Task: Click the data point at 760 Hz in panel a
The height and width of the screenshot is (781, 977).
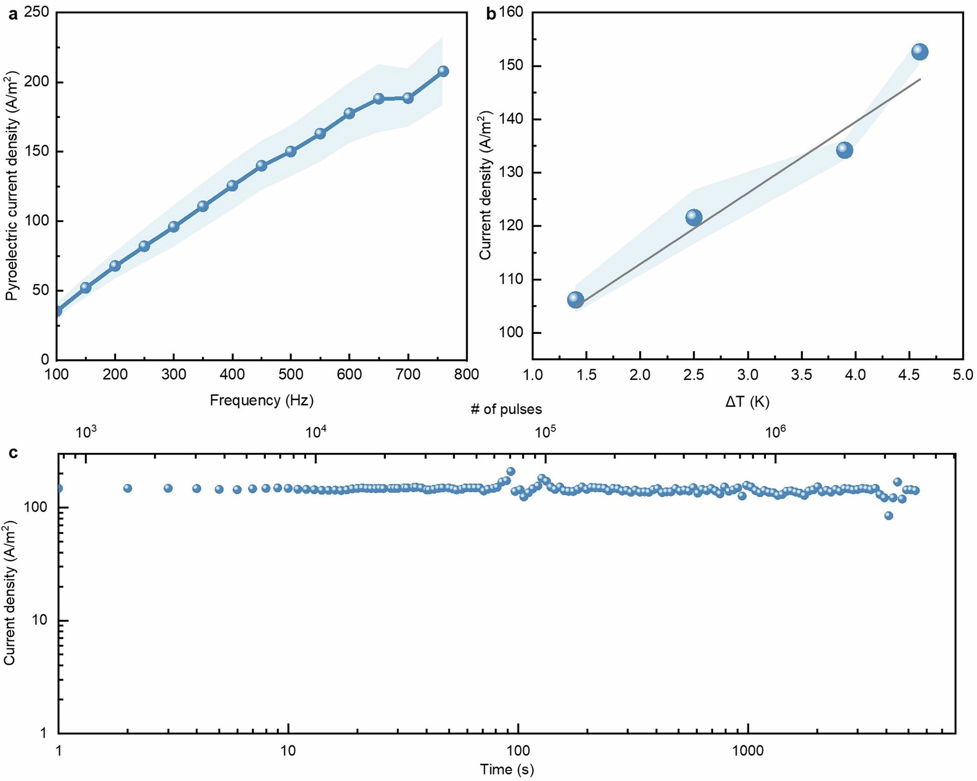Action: coord(443,71)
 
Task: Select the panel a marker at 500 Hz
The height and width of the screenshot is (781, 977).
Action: coord(290,151)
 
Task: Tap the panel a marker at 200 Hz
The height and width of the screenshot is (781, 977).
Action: coord(115,265)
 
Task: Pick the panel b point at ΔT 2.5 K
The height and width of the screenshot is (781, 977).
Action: coord(694,217)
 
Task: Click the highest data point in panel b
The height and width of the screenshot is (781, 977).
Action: coord(919,52)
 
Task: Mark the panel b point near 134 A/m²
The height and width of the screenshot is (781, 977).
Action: coord(845,150)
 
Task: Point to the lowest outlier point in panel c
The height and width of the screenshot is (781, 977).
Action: coord(889,516)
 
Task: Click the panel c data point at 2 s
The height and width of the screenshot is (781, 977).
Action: coord(128,488)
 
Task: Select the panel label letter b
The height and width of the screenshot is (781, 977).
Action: coord(491,14)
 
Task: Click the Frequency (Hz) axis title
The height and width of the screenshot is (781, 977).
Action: coord(262,400)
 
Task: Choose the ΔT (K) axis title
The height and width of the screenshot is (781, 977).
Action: coord(747,402)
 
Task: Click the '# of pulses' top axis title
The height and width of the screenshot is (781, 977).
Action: coord(506,409)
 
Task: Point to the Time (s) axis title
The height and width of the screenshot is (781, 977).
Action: coord(507,769)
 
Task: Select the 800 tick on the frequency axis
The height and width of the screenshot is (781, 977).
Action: coord(466,374)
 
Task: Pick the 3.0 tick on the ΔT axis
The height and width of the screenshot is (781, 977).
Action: coord(747,375)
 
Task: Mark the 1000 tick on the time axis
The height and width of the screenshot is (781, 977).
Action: coord(748,750)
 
